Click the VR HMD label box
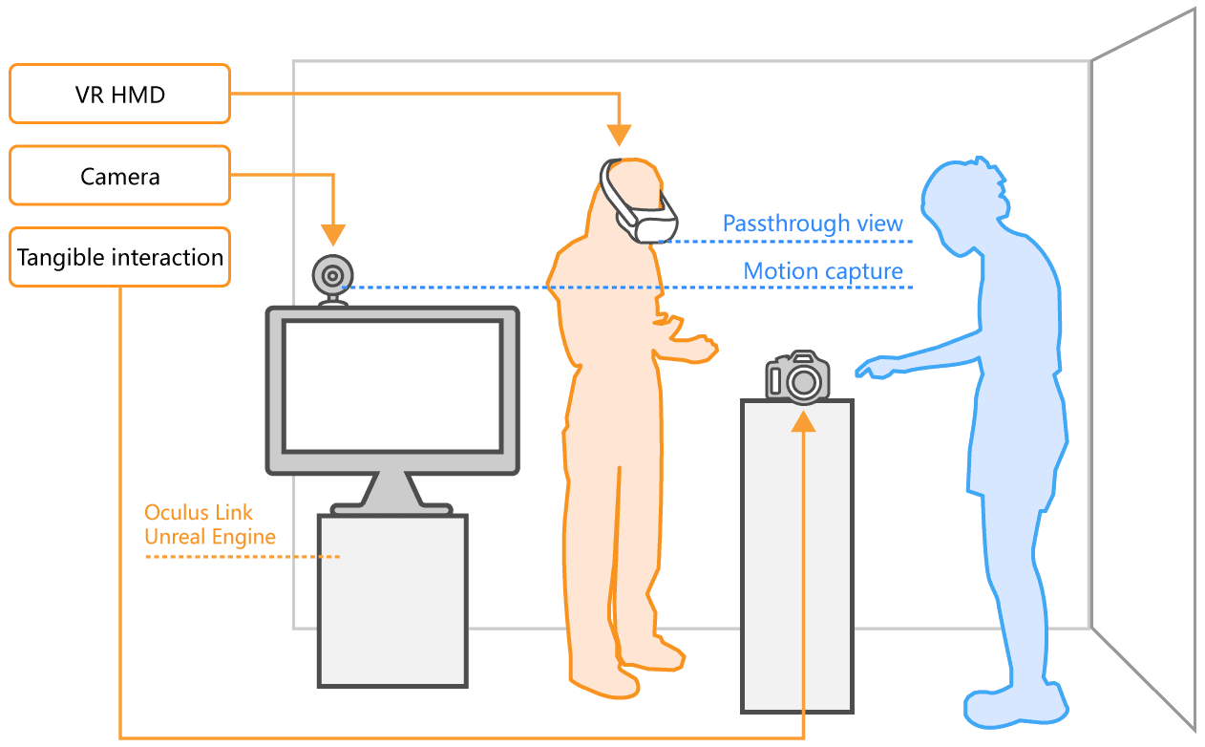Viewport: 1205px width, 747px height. pos(119,94)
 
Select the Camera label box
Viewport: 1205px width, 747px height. pos(119,176)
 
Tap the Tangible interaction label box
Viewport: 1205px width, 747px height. pos(119,257)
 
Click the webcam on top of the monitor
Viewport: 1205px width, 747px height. pos(331,277)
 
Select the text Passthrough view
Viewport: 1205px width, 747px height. pos(813,224)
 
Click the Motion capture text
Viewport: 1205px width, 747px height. pos(823,271)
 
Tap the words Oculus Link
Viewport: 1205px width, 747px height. pos(199,513)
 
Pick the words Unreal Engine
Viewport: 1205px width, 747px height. pos(210,537)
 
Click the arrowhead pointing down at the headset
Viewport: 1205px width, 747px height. pos(620,137)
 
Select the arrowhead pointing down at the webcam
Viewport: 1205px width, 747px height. pos(332,234)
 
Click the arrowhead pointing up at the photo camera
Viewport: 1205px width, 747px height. pos(804,420)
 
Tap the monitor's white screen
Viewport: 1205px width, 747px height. pos(392,386)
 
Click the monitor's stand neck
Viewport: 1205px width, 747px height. pos(391,489)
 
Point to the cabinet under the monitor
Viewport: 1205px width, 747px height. pos(392,600)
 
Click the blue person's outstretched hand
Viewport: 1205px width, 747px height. pos(874,367)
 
